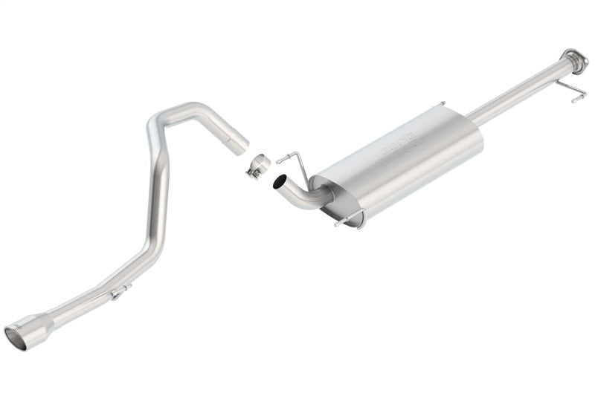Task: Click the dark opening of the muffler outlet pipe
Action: (x=280, y=181)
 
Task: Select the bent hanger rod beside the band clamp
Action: (x=294, y=160)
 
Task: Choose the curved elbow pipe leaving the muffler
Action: (x=301, y=195)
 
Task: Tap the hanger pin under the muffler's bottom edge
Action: (x=344, y=221)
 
